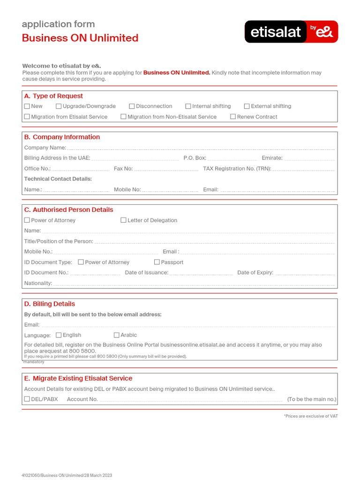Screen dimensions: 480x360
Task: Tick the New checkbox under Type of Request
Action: click(27, 106)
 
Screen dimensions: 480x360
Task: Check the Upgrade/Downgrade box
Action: click(59, 106)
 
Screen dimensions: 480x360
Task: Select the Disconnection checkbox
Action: click(132, 106)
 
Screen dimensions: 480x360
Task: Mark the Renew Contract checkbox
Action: click(233, 117)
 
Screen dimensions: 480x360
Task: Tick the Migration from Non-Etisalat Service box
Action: click(123, 117)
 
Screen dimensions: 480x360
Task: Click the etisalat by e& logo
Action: click(291, 32)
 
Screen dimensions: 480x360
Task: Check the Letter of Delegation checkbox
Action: click(124, 220)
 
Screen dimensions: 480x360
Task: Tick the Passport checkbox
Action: click(157, 262)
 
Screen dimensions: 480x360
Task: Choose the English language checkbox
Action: click(59, 335)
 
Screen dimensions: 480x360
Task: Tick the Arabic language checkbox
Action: click(117, 335)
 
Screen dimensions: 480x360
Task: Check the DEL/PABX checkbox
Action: click(27, 399)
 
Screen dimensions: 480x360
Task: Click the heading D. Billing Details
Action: click(50, 304)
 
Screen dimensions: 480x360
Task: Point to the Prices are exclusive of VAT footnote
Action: click(310, 416)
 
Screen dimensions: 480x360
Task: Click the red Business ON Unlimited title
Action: click(80, 38)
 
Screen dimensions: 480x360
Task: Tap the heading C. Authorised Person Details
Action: click(69, 210)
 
